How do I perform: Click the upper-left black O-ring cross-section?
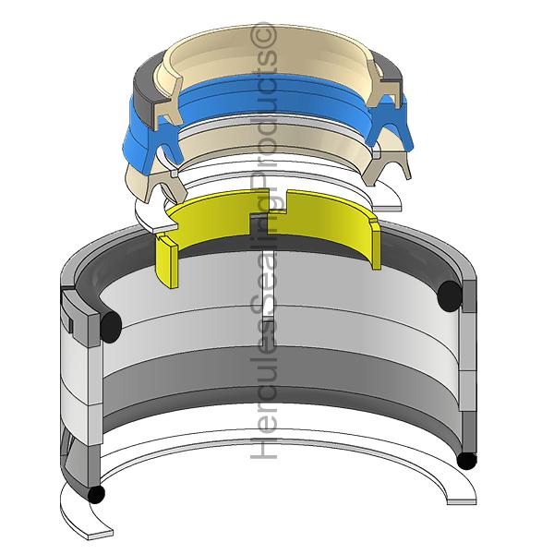(111, 327)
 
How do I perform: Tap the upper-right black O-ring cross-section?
(450, 296)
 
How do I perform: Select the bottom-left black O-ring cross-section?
(96, 494)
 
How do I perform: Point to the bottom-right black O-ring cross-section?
(466, 461)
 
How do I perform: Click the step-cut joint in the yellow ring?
(269, 213)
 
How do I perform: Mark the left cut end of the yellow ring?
(166, 260)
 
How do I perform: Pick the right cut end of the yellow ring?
(375, 244)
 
